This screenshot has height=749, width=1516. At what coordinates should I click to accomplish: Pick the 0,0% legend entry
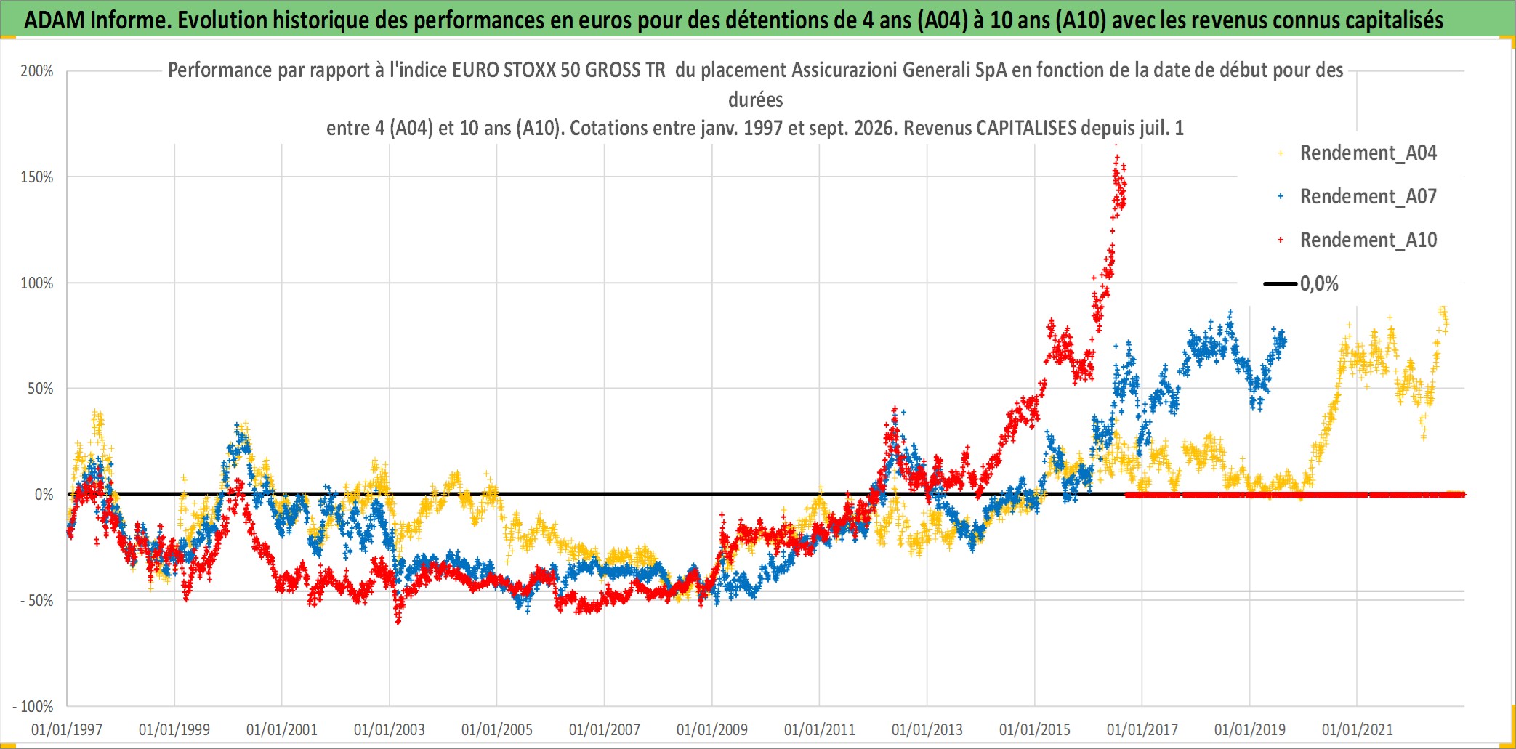(1302, 284)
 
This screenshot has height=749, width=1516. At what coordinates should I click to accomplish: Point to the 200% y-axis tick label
(37, 71)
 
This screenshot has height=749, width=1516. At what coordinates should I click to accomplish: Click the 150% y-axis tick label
(37, 177)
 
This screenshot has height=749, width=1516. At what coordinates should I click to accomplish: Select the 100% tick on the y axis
(37, 283)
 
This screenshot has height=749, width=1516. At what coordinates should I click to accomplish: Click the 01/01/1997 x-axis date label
(67, 729)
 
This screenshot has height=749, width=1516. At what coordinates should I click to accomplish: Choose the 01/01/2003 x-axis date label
(390, 729)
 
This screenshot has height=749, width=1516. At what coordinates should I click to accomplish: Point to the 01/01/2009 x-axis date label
(712, 729)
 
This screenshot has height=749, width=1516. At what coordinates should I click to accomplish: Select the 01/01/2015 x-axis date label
(1035, 729)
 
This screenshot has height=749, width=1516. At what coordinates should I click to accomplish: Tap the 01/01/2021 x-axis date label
(1358, 729)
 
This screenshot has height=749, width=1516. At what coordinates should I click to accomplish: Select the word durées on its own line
(756, 100)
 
